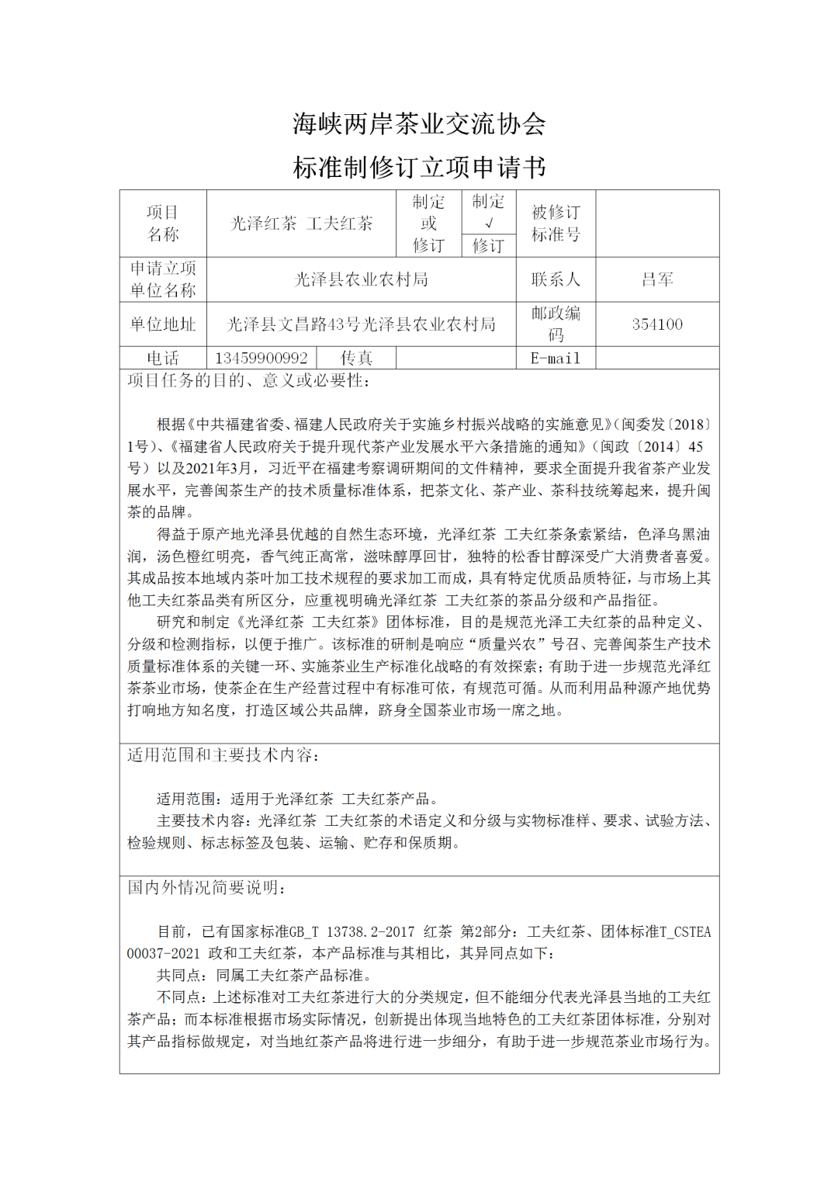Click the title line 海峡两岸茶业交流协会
point(419,124)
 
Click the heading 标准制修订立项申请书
point(419,167)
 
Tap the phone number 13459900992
point(261,358)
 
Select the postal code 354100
point(657,324)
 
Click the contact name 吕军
point(657,279)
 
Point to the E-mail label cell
point(555,358)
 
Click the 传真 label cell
point(356,358)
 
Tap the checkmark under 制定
point(489,223)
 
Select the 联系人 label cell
point(556,279)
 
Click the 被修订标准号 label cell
point(556,224)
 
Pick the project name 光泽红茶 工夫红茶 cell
point(302,224)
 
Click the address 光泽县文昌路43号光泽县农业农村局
point(362,324)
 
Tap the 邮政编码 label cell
point(556,324)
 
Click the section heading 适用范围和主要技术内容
point(223,755)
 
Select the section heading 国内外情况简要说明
point(207,888)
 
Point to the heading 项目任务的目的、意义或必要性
point(249,380)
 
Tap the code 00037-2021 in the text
point(164,953)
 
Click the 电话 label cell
point(163,358)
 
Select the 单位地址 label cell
point(163,324)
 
